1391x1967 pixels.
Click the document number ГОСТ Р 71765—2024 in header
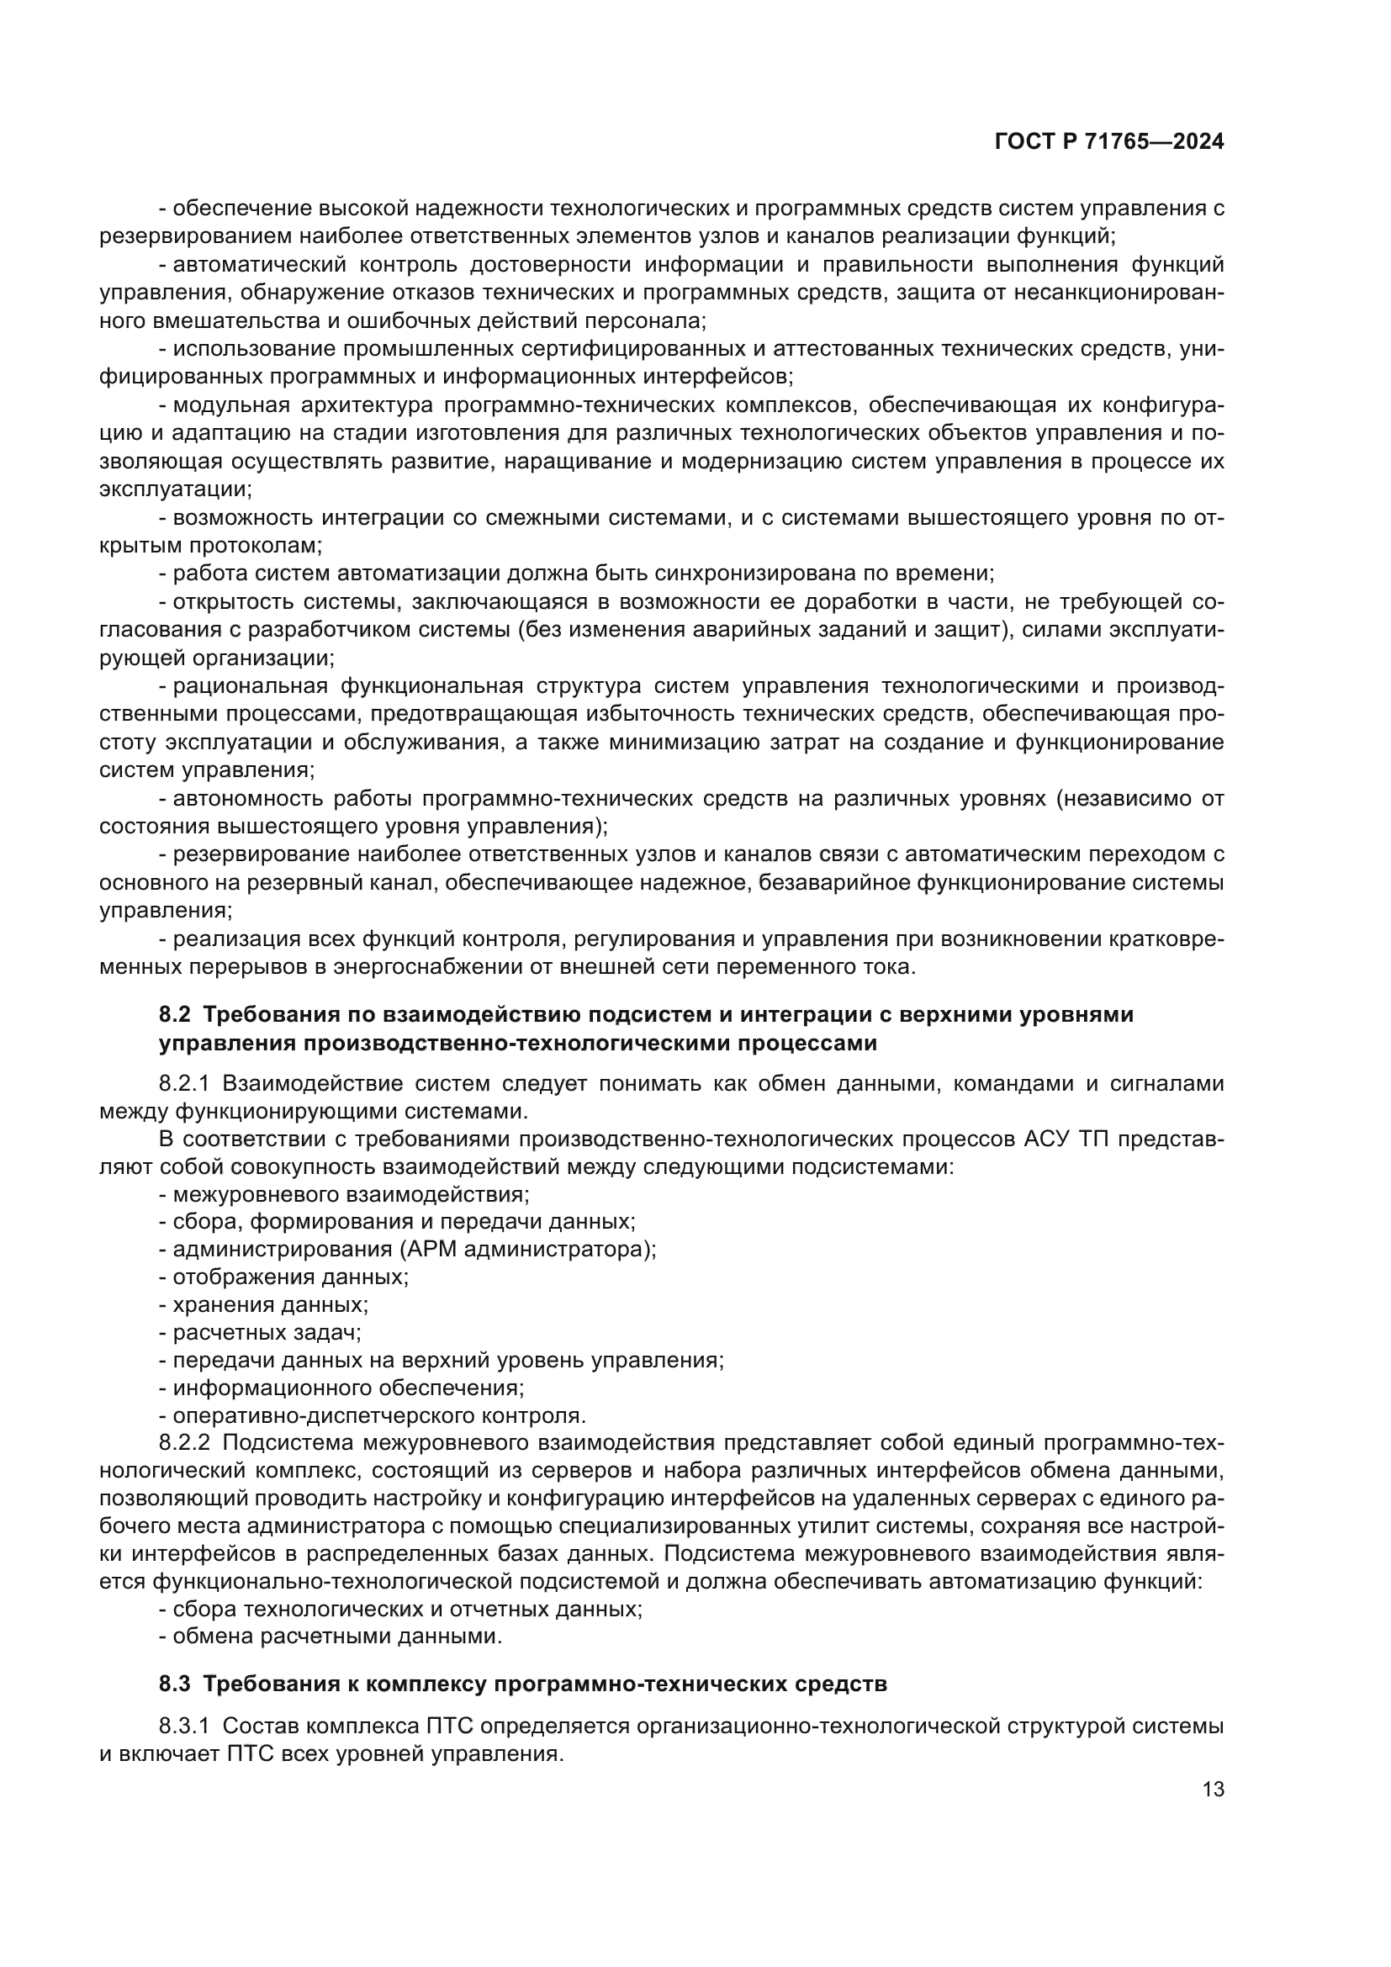[1109, 142]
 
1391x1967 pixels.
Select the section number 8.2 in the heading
[175, 1015]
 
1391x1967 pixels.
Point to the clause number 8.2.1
[184, 1084]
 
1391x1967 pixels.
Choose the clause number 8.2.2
[184, 1444]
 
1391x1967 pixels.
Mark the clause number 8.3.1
[184, 1726]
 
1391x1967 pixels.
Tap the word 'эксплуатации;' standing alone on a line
[176, 489]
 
